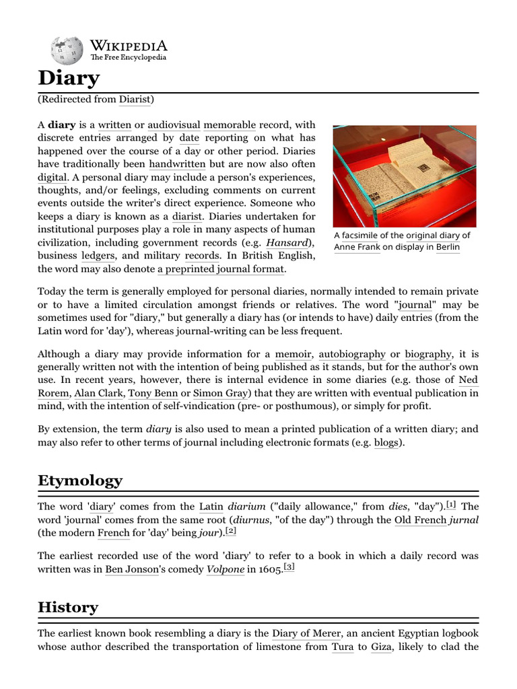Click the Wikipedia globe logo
point(67,50)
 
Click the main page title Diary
point(69,79)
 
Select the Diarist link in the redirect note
point(135,100)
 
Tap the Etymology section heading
point(80,480)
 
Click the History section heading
point(68,607)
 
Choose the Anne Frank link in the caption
point(357,247)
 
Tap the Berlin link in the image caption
point(448,247)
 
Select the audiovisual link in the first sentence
point(174,125)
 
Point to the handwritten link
point(177,164)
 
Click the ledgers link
point(98,256)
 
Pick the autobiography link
point(352,354)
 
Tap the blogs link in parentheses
point(386,444)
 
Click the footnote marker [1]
point(451,505)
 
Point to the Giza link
point(381,647)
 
